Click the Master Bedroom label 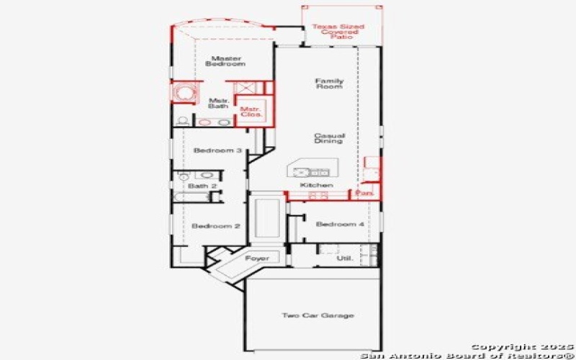[225, 61]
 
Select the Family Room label [329, 84]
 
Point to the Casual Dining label [329, 138]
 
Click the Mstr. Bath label [219, 103]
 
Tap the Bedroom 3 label [217, 150]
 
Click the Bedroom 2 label [216, 226]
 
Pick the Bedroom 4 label [340, 225]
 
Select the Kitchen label [317, 186]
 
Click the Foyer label [257, 258]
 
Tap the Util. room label [346, 258]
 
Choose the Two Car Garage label [318, 315]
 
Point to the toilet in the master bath [182, 120]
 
